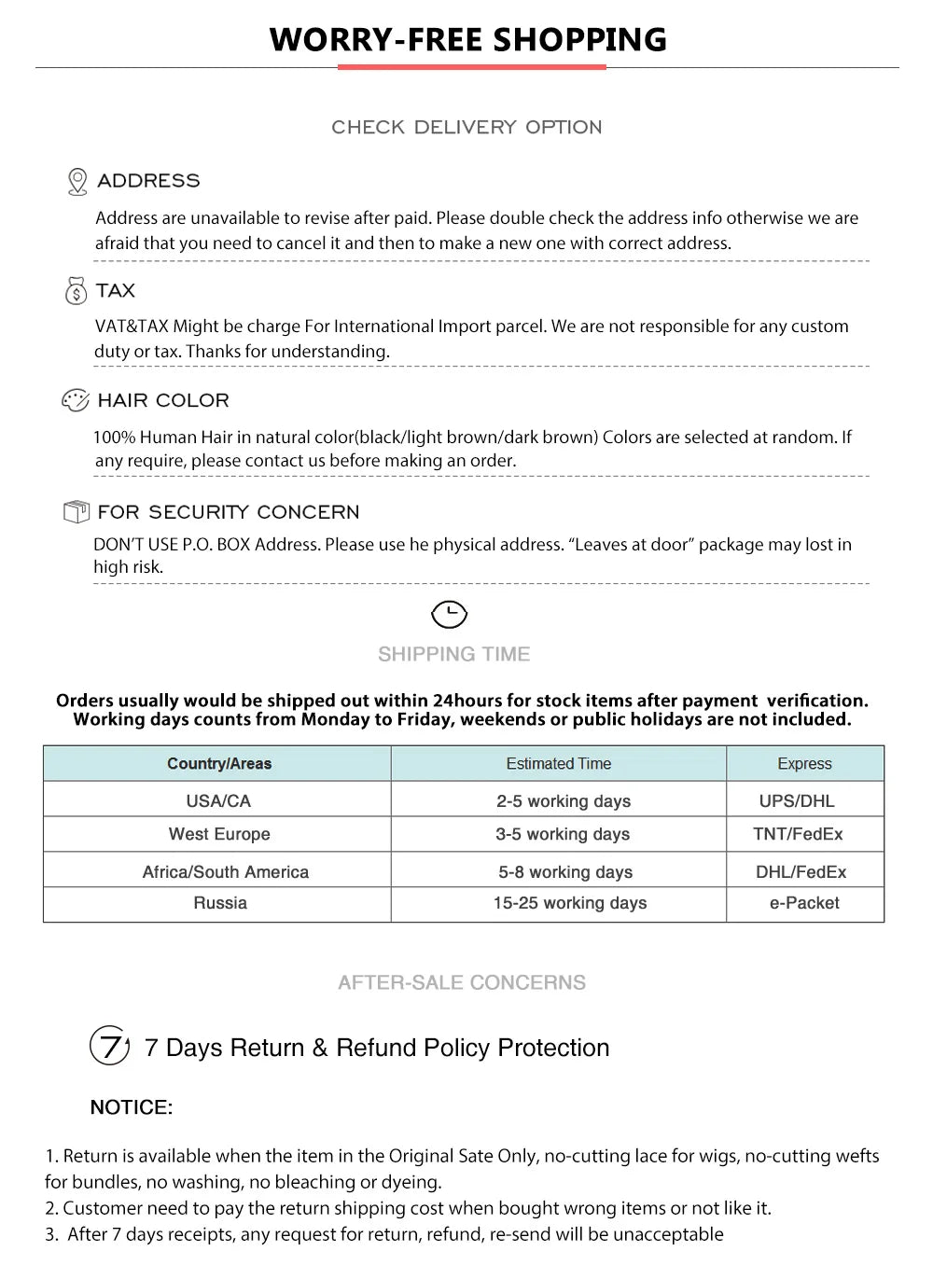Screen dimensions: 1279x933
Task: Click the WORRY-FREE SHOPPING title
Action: (467, 39)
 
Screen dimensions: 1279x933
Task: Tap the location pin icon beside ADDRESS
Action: (77, 181)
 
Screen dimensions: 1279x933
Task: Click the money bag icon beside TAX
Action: (76, 291)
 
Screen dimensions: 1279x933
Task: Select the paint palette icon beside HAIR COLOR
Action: (75, 400)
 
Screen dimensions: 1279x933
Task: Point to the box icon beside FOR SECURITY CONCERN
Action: (76, 511)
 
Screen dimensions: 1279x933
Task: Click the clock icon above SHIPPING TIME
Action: (449, 615)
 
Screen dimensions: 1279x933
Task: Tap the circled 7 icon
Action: (109, 1045)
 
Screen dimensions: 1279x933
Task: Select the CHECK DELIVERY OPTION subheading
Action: (466, 127)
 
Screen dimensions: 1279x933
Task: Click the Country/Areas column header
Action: (219, 764)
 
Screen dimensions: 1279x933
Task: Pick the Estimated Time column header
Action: (558, 764)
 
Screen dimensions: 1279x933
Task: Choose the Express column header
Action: (804, 764)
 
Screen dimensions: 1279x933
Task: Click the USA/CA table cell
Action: (218, 801)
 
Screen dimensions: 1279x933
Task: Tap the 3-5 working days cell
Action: (563, 834)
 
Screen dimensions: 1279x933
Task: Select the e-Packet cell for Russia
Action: (804, 903)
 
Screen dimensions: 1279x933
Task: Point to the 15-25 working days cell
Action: (569, 903)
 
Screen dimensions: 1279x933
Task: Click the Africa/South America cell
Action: (225, 872)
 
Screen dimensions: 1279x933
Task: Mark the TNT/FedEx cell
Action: (798, 834)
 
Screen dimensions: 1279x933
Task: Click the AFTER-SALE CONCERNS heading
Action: (462, 982)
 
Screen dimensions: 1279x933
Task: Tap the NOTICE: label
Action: (132, 1107)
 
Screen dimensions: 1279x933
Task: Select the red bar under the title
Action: (471, 67)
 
